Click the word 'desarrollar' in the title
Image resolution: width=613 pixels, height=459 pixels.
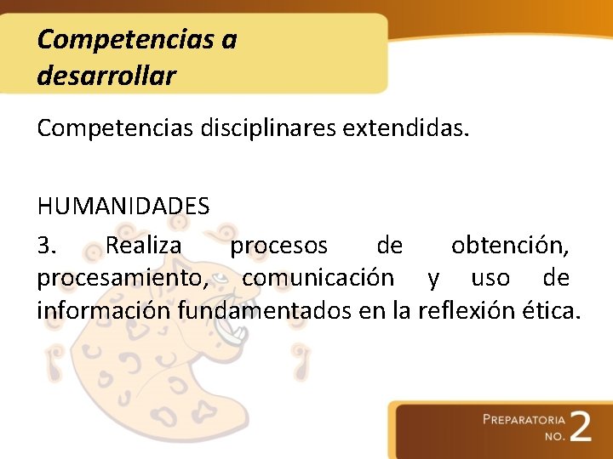(106, 76)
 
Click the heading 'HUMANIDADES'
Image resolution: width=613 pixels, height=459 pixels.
(123, 206)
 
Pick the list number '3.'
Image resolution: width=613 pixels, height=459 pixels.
(48, 246)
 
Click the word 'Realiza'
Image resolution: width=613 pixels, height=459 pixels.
(143, 246)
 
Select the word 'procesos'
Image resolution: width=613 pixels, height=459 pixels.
(279, 246)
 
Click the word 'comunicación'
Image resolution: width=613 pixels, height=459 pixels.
(318, 278)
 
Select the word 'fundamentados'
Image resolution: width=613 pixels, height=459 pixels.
(265, 310)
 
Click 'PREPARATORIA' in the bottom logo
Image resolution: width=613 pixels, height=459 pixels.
(524, 419)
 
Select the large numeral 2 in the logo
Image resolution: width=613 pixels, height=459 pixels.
(581, 425)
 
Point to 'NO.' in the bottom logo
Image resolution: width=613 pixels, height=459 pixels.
(555, 436)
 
